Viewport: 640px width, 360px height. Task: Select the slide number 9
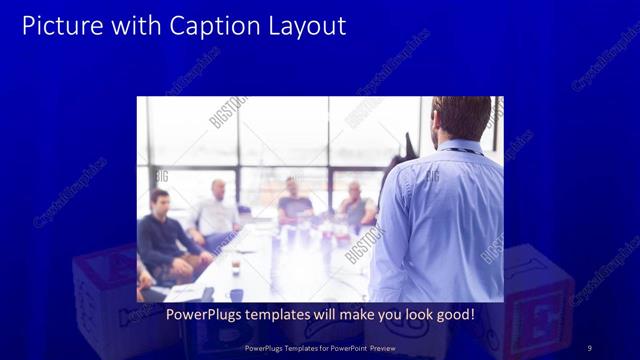point(589,347)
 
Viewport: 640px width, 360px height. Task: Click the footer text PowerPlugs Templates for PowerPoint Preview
point(319,347)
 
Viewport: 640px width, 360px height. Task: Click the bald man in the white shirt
point(216,212)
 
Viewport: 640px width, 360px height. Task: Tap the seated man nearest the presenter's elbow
point(356,205)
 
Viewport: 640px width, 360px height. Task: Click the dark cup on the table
point(235,266)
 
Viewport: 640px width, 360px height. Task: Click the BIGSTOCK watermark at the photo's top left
point(228,112)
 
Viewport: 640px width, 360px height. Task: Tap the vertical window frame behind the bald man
point(239,160)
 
